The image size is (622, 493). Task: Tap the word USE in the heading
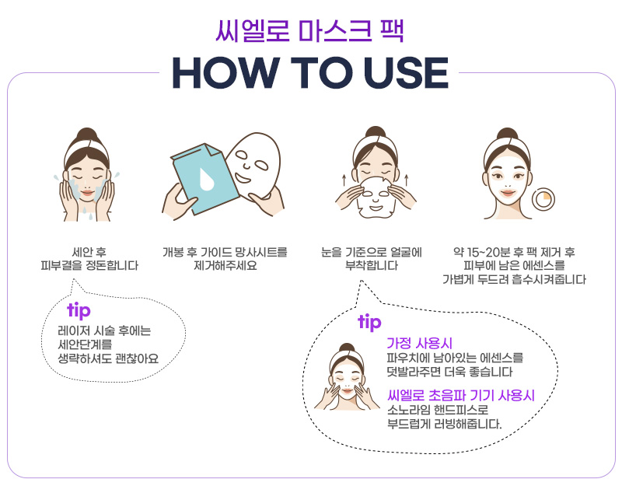[x=406, y=73]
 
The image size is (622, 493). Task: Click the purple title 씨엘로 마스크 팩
[x=309, y=30]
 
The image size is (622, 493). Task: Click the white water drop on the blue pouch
[x=206, y=180]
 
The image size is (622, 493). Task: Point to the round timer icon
[x=543, y=199]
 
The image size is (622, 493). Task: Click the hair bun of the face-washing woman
[x=87, y=134]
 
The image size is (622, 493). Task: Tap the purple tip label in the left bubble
[x=79, y=310]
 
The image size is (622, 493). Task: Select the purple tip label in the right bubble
[x=369, y=322]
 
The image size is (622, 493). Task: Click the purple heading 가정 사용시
[x=419, y=343]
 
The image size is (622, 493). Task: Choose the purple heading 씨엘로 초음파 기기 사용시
[x=461, y=395]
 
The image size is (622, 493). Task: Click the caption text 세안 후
[x=89, y=252]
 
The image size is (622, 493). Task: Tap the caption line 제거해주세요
[x=225, y=265]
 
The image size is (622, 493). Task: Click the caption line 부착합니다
[x=372, y=265]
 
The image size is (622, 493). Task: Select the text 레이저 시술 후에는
[x=104, y=330]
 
